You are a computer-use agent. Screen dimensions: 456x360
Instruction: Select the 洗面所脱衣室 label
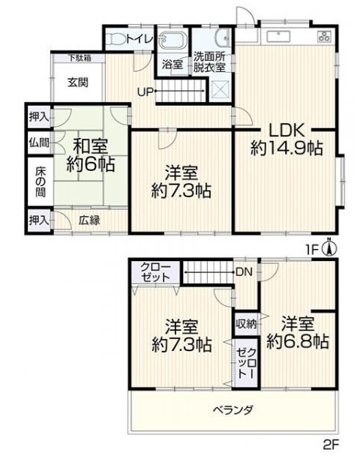[x=210, y=61]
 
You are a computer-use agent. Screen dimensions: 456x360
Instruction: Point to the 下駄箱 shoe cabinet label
[x=81, y=58]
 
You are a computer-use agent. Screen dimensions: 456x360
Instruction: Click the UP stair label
[x=146, y=92]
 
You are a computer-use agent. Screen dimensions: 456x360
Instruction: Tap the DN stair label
[x=243, y=271]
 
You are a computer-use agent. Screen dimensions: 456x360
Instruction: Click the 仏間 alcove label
[x=39, y=141]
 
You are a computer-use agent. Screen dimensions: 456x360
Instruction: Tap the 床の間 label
[x=39, y=180]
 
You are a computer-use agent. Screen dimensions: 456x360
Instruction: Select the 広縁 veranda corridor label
[x=88, y=220]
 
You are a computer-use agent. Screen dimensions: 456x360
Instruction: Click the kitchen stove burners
[x=325, y=35]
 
